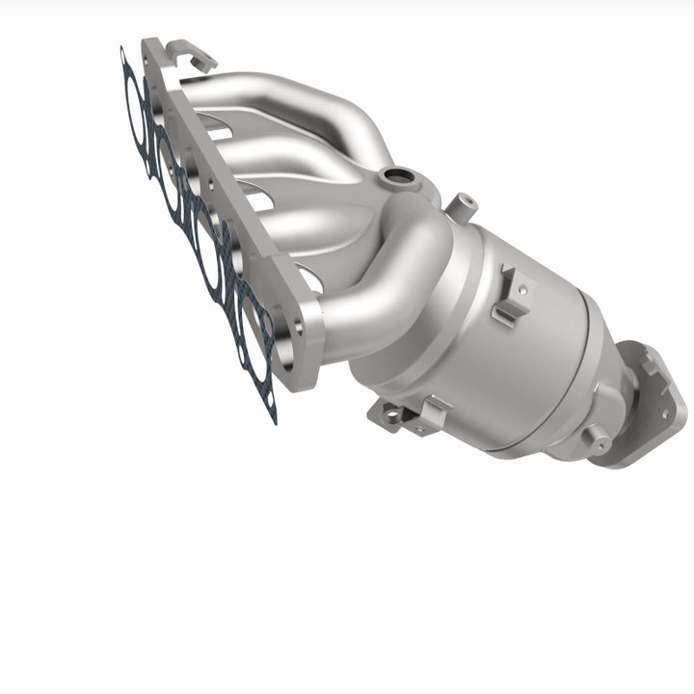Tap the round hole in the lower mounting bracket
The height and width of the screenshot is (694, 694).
pos(389,414)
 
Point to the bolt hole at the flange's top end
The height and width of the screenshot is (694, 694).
pos(154,48)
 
